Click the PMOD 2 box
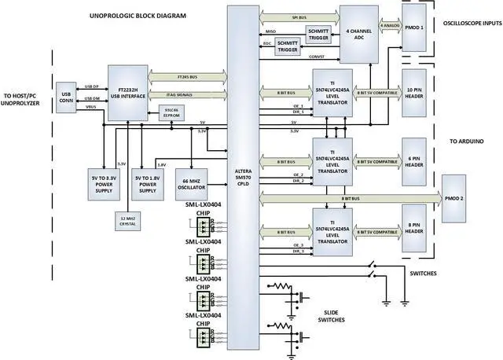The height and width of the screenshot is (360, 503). point(459,197)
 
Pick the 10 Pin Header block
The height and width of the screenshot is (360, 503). point(415,94)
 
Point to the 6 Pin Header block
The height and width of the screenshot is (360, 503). point(415,161)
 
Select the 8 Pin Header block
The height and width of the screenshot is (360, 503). point(415,232)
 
